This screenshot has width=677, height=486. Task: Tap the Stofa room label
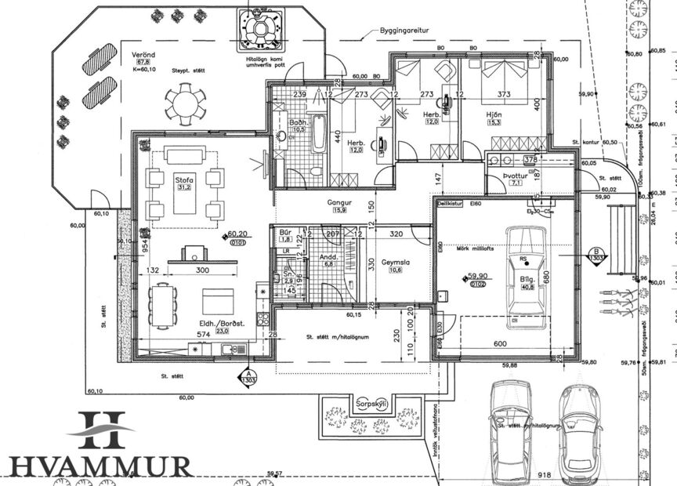(184, 180)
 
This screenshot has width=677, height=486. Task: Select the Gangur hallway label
(339, 202)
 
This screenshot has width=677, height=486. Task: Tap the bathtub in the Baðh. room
(318, 132)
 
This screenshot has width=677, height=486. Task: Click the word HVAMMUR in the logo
(100, 466)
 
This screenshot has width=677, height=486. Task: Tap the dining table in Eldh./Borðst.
(162, 304)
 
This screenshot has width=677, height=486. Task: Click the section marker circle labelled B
(594, 254)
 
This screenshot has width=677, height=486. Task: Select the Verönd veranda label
(143, 54)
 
